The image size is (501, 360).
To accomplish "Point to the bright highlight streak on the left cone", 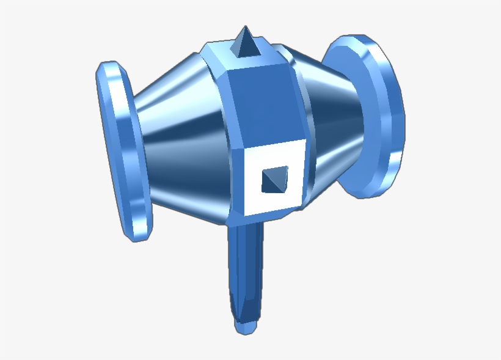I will coord(183,119).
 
